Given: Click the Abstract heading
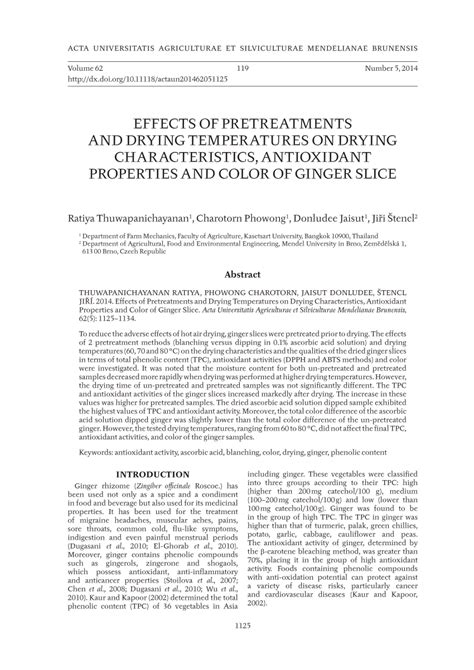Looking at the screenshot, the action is pos(236,273).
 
